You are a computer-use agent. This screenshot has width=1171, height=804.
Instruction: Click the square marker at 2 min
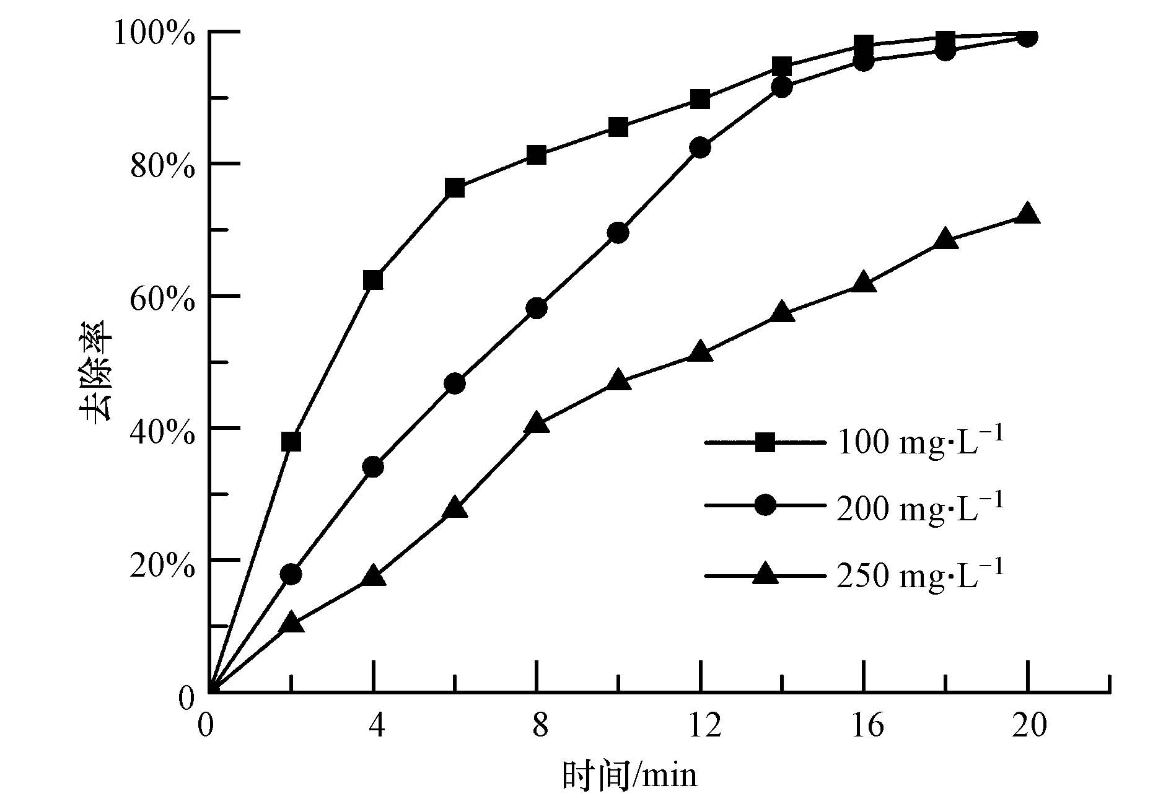click(291, 442)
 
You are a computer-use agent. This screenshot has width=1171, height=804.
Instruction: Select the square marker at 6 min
click(455, 188)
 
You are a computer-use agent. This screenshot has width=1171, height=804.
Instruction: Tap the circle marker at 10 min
click(618, 233)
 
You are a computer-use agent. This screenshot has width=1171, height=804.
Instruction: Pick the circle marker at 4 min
click(373, 466)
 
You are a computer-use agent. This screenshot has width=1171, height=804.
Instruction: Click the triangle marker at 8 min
click(537, 424)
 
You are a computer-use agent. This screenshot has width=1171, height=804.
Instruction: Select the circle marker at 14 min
click(782, 87)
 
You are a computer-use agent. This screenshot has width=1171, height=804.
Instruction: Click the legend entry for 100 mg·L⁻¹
click(919, 442)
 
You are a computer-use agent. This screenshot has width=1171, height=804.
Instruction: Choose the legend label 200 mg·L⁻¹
click(919, 508)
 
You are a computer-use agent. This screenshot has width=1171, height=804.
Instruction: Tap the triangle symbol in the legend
click(766, 574)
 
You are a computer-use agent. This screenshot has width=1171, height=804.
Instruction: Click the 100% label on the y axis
click(154, 33)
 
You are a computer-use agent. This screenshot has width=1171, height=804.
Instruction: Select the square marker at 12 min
click(700, 99)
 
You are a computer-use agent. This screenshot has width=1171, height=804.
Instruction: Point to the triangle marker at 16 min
click(864, 282)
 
